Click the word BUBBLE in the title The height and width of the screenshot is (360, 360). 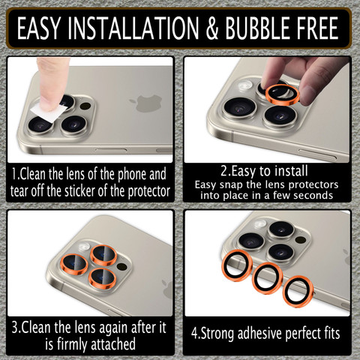[259, 28]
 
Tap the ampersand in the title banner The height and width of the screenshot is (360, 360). [212, 28]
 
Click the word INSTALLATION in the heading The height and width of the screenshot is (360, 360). [133, 28]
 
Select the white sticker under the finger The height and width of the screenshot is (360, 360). [49, 112]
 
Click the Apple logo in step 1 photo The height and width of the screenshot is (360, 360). [146, 103]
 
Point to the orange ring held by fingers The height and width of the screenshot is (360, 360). [283, 94]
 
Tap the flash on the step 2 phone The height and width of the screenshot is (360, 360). [246, 85]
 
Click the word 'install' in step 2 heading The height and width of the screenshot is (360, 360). [291, 171]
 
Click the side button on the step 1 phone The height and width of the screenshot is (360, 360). [111, 150]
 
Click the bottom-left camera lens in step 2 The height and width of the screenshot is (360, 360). [240, 108]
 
